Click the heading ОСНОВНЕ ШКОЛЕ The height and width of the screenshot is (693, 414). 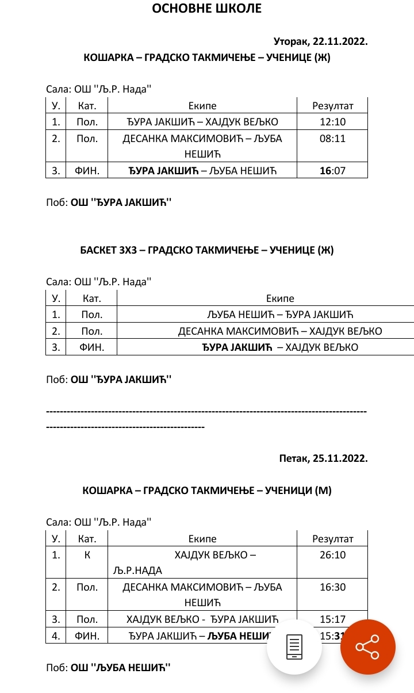(206, 8)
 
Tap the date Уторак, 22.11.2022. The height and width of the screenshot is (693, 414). (320, 42)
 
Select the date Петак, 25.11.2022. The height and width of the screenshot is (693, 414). (323, 458)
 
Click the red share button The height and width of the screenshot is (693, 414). (367, 646)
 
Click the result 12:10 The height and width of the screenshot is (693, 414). (332, 122)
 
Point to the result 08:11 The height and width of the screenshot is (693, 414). (332, 139)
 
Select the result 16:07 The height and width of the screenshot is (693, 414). (332, 170)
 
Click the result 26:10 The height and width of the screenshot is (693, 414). (332, 555)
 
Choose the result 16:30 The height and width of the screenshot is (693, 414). (332, 587)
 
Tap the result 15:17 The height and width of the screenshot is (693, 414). (332, 619)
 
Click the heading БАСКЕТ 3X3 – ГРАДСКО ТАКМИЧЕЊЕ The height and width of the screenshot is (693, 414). (206, 250)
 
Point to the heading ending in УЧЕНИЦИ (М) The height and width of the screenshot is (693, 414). (206, 491)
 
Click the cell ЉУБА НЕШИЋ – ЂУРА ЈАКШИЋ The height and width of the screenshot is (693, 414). (279, 315)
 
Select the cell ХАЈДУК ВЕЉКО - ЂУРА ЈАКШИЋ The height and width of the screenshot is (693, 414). (202, 619)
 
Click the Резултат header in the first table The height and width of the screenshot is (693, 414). (332, 106)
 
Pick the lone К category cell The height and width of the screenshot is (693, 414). (87, 555)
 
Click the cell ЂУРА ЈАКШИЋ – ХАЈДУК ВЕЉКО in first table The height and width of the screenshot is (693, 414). (202, 122)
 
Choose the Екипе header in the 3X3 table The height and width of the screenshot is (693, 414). (279, 298)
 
